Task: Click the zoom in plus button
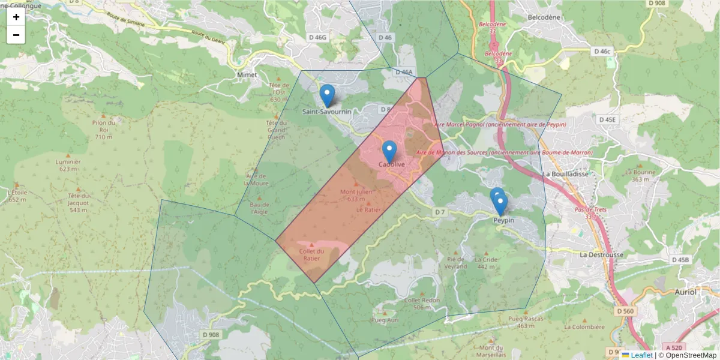coord(16,17)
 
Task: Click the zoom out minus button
coord(16,35)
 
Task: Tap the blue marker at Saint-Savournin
coord(327,95)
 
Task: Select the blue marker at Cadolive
coord(389,151)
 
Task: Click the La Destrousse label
coord(602,254)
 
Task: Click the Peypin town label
coord(503,221)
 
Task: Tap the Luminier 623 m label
coord(68,166)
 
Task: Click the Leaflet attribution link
coord(641,355)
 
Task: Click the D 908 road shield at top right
coord(657,3)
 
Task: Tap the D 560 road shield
coord(625,311)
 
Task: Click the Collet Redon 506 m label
coord(422,304)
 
